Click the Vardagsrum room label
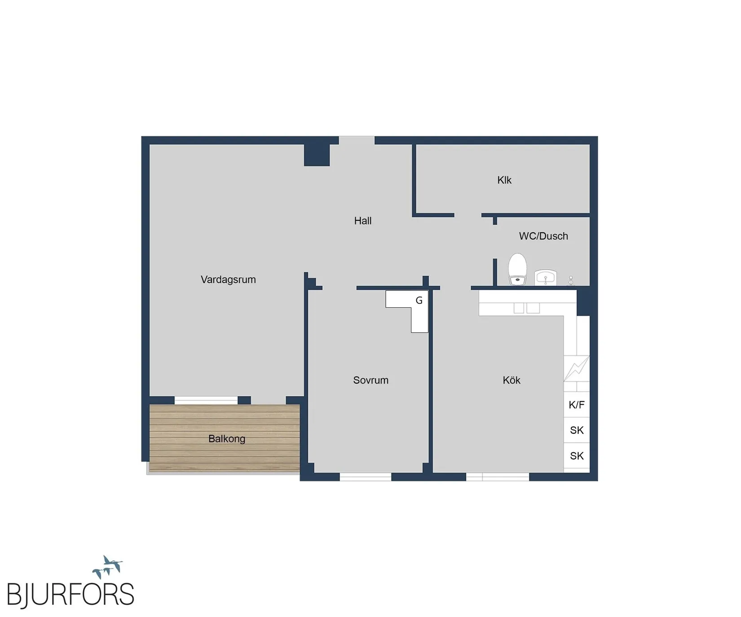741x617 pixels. (x=228, y=280)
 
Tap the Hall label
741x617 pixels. (x=363, y=221)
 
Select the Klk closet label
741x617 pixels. (x=504, y=180)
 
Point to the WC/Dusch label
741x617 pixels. (x=543, y=236)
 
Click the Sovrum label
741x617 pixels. (x=370, y=380)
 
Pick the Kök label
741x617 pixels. (x=512, y=380)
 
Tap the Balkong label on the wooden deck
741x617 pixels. (x=227, y=439)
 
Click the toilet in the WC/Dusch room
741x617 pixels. (x=517, y=269)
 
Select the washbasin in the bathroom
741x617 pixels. (x=546, y=277)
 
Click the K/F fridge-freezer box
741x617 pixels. (x=577, y=405)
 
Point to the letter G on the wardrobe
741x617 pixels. (x=419, y=301)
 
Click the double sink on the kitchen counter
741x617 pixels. (x=527, y=308)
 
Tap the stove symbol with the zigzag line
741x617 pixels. (x=577, y=368)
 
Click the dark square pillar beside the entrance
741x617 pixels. (x=317, y=155)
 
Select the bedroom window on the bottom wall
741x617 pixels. (x=365, y=477)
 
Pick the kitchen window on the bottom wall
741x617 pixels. (x=498, y=477)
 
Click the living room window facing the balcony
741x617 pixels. (x=206, y=400)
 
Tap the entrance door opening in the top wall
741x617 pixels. (x=357, y=140)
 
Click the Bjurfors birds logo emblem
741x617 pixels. (x=107, y=567)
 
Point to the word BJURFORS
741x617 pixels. (x=71, y=595)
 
